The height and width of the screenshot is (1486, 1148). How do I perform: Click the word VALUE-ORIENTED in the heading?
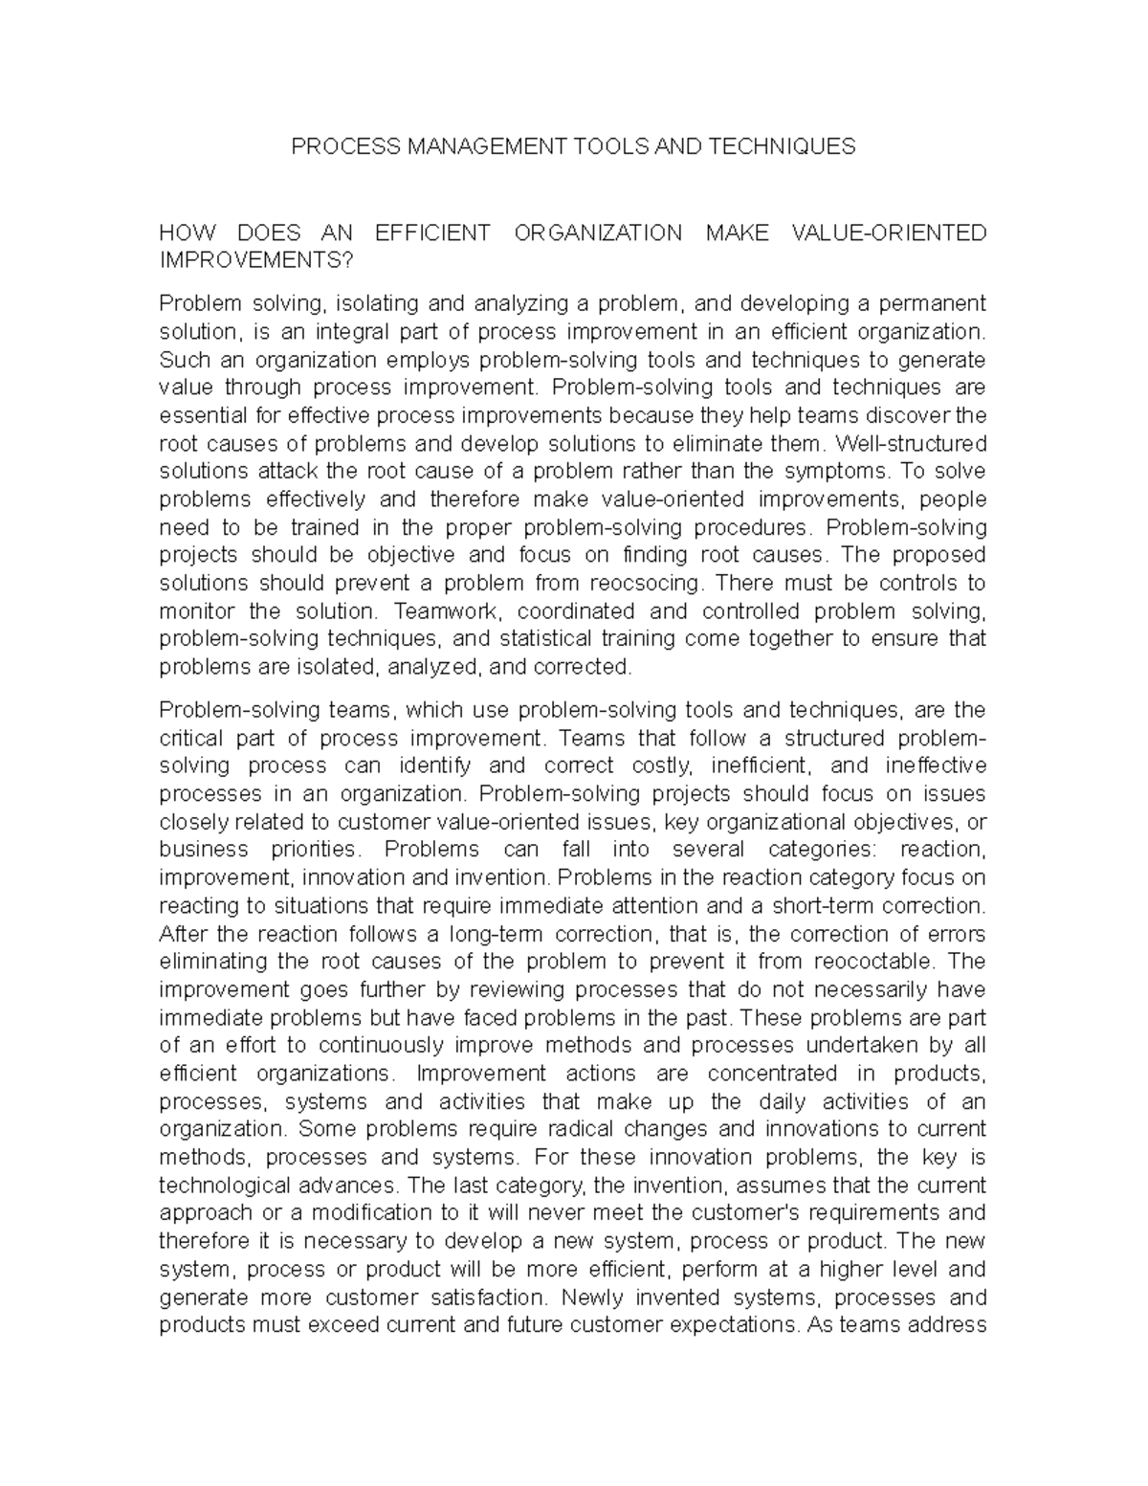coord(890,233)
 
